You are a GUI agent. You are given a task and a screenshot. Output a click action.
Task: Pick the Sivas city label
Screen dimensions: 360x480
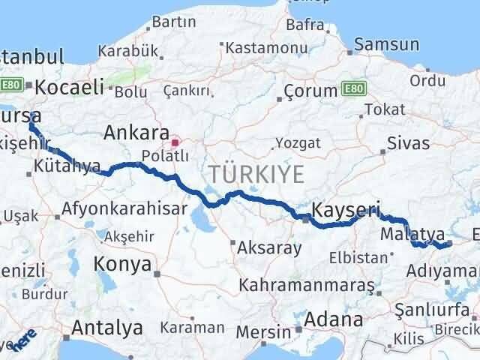[409, 142]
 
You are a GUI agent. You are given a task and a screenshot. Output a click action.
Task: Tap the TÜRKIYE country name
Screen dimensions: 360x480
[257, 175]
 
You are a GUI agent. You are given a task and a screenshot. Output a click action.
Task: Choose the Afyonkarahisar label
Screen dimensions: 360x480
[124, 210]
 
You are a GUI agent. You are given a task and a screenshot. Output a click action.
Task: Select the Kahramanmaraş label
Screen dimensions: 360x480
[307, 286]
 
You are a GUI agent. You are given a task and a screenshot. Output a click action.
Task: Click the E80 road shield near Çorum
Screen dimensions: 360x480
[355, 90]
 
